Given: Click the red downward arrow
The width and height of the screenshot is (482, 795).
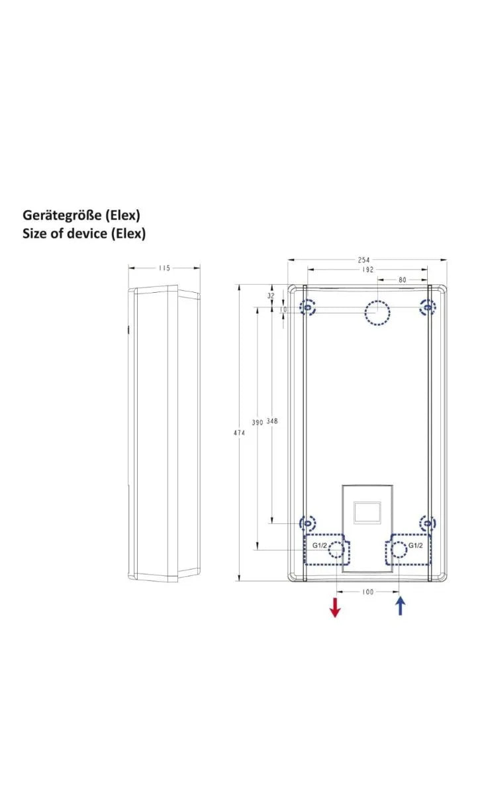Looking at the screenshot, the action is point(335,608).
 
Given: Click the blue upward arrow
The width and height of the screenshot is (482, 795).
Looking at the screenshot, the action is point(400,606).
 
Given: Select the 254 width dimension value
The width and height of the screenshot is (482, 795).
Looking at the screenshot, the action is point(363,260).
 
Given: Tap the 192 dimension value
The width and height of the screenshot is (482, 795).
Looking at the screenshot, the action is point(368,270).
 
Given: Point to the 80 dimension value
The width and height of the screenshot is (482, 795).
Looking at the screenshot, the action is point(402,280).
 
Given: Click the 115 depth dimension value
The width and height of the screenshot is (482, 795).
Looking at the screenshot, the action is point(164,268).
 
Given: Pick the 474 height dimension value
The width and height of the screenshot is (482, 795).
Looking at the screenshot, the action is point(240,433).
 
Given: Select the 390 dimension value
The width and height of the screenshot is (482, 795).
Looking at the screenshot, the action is point(258,423).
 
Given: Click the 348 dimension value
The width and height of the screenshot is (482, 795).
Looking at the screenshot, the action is point(271,421).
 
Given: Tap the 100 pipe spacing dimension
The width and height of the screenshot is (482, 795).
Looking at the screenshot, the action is point(368,592).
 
